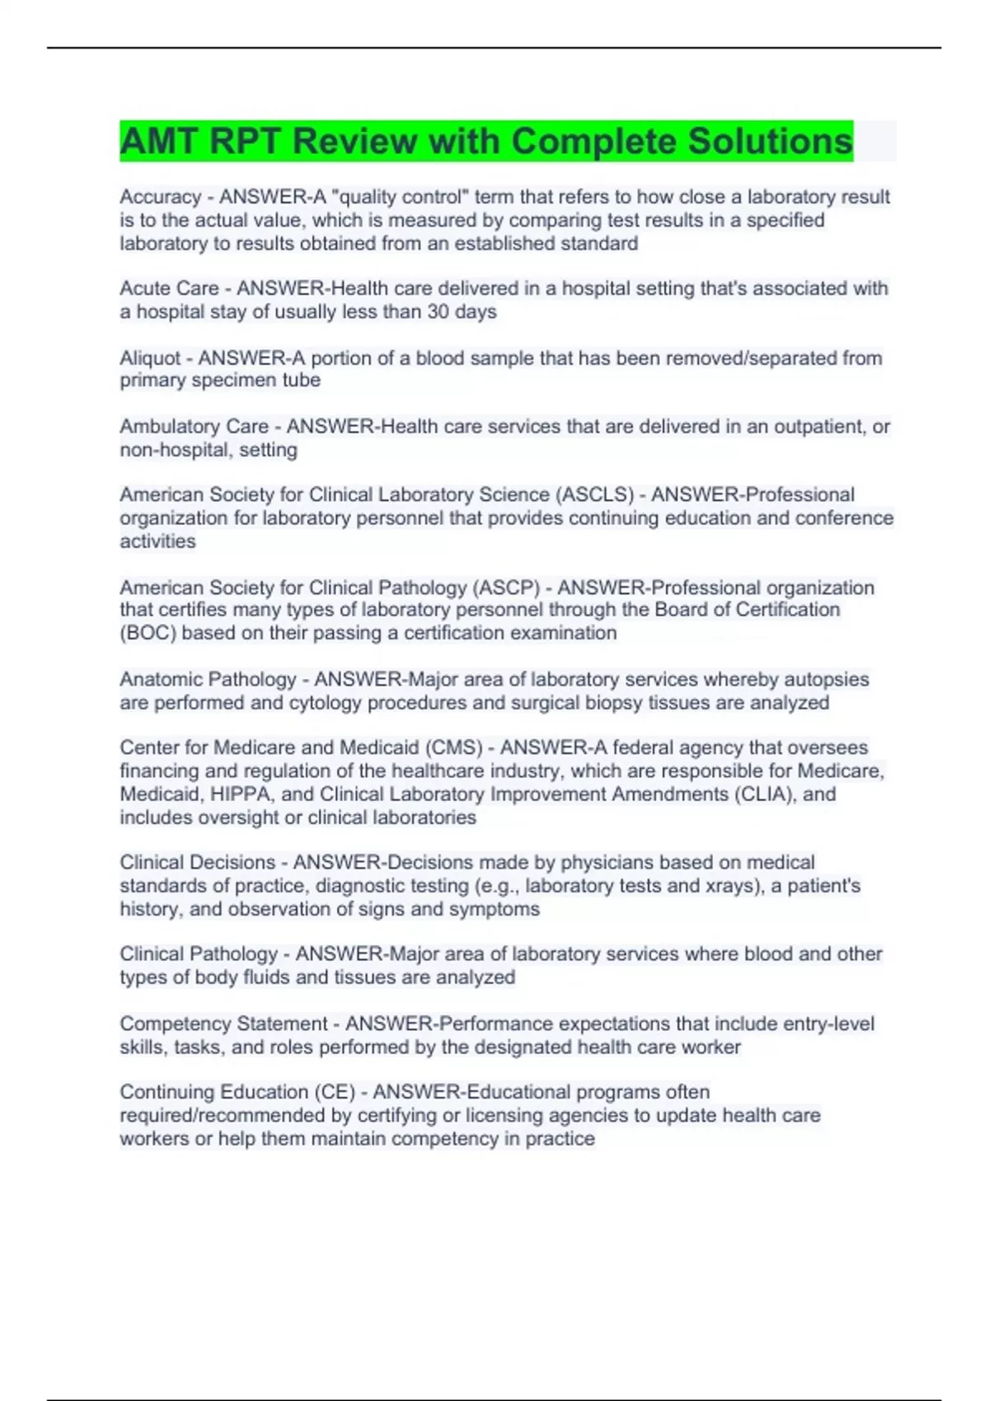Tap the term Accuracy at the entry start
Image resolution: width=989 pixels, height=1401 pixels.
tap(160, 197)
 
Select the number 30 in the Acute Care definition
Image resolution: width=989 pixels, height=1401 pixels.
tap(439, 312)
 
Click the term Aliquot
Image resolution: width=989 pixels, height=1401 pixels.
tap(150, 358)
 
